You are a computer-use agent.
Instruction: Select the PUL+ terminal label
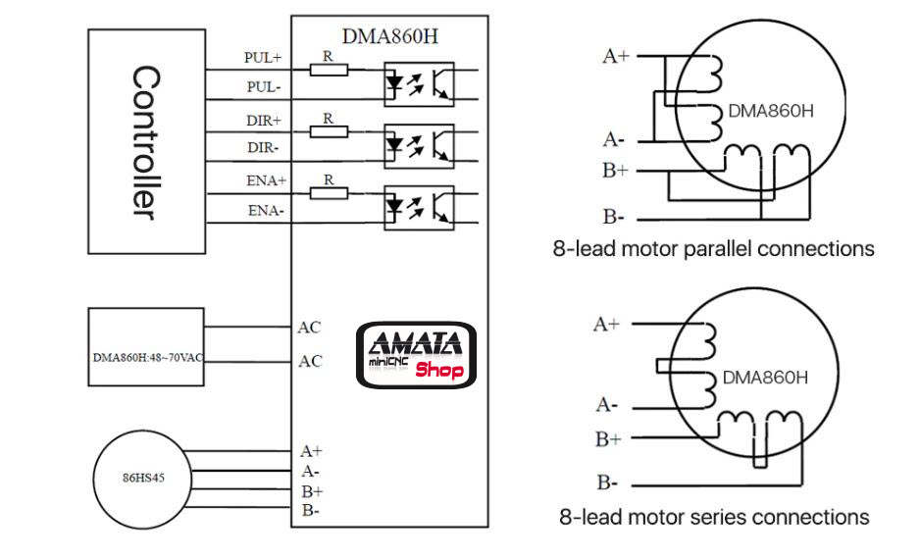pyautogui.click(x=263, y=58)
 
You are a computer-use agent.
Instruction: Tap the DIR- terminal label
pyautogui.click(x=263, y=147)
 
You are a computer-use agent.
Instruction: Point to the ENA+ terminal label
pyautogui.click(x=265, y=181)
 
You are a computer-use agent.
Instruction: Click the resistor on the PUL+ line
pyautogui.click(x=329, y=69)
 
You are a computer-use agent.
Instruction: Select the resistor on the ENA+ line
pyautogui.click(x=329, y=192)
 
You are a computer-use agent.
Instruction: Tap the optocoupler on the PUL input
pyautogui.click(x=418, y=83)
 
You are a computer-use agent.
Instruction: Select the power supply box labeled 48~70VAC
pyautogui.click(x=146, y=356)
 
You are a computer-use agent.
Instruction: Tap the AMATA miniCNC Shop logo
pyautogui.click(x=415, y=354)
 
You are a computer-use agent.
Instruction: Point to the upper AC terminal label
pyautogui.click(x=309, y=328)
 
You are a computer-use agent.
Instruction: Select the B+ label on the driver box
pyautogui.click(x=312, y=490)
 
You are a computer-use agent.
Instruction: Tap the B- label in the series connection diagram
pyautogui.click(x=607, y=483)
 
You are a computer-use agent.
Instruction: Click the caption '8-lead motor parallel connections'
pyautogui.click(x=713, y=249)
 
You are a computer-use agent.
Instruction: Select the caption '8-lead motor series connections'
pyautogui.click(x=714, y=517)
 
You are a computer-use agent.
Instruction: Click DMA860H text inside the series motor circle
pyautogui.click(x=765, y=378)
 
